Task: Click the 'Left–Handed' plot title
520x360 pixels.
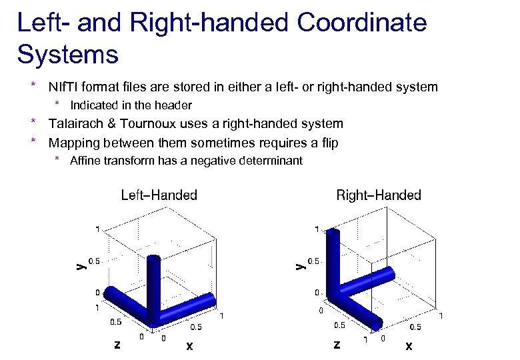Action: pyautogui.click(x=159, y=195)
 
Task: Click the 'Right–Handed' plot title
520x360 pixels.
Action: pyautogui.click(x=379, y=195)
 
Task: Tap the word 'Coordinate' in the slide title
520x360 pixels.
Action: pyautogui.click(x=362, y=23)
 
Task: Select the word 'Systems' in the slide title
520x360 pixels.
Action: pyautogui.click(x=67, y=54)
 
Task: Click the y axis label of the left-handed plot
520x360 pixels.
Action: pyautogui.click(x=79, y=265)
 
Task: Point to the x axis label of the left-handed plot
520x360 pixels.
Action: pyautogui.click(x=189, y=346)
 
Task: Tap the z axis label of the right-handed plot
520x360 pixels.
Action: pyautogui.click(x=336, y=345)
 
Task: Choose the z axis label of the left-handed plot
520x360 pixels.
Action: pyautogui.click(x=117, y=345)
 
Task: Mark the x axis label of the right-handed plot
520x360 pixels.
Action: pyautogui.click(x=409, y=346)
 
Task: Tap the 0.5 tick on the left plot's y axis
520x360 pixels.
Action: pyautogui.click(x=95, y=261)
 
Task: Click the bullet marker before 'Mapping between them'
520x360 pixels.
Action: pyautogui.click(x=32, y=142)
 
